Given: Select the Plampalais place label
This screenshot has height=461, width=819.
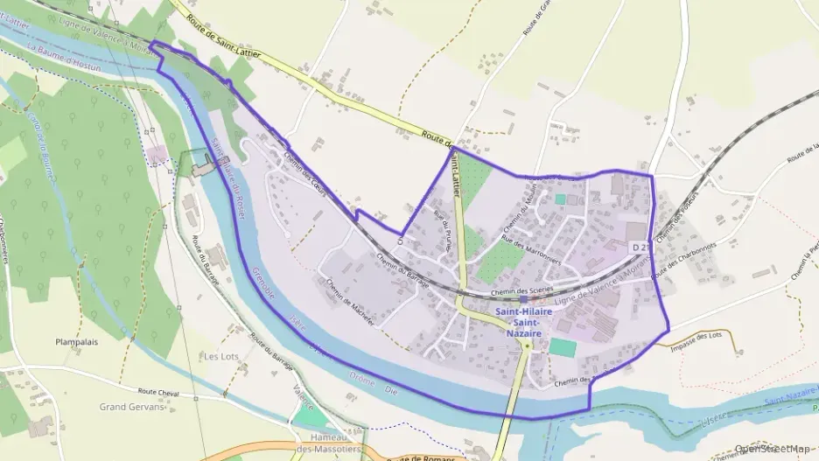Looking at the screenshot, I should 76,342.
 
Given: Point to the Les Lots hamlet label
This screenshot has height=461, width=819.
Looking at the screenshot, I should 220,357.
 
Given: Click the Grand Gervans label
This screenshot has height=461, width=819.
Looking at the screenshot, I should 131,407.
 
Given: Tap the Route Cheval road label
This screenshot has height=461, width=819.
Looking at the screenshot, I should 158,394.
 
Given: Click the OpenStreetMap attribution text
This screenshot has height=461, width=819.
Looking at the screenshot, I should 773,450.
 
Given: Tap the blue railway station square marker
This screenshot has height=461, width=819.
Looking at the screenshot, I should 523,299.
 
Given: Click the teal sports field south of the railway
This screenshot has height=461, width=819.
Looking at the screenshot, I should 563,346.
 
